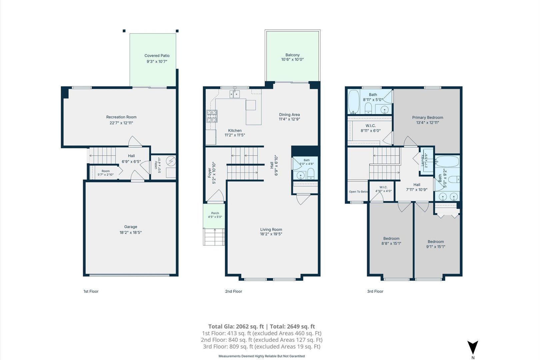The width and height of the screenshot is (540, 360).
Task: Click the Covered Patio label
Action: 157,56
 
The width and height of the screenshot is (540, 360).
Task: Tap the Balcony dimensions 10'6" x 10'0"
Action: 292,60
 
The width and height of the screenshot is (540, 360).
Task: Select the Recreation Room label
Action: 121,117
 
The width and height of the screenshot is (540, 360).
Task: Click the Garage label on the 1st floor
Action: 131,227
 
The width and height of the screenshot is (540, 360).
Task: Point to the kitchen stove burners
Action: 212,116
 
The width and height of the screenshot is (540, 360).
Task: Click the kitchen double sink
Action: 235,94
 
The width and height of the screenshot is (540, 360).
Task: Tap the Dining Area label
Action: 290,115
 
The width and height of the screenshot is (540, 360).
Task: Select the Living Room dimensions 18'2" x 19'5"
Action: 271,234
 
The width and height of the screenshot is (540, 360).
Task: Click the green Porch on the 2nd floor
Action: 214,216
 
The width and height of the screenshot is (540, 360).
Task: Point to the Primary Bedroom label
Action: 428,118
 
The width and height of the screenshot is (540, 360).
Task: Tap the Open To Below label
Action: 358,192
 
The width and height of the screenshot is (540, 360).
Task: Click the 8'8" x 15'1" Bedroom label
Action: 391,238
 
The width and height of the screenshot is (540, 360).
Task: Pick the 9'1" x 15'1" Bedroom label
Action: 436,242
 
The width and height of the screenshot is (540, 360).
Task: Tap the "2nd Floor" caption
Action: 234,291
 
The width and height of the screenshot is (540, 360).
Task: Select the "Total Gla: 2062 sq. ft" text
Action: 236,326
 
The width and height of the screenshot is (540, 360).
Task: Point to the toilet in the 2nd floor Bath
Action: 311,174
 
